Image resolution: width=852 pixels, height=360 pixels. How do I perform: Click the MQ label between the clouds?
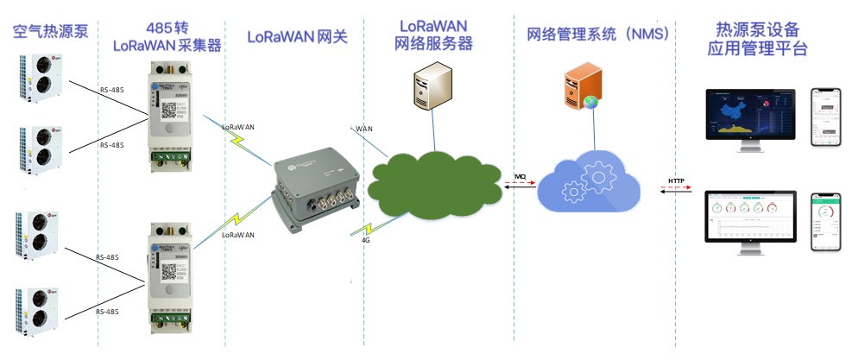[x=521, y=176]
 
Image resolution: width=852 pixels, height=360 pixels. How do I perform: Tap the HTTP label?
[x=676, y=180]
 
